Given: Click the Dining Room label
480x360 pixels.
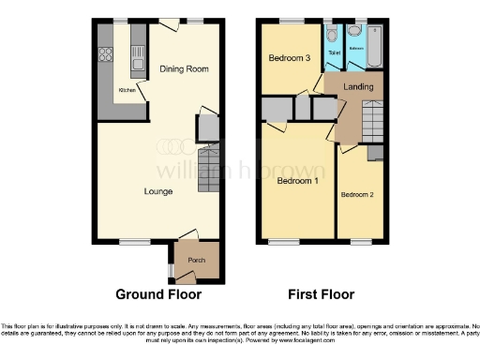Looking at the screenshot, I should (x=183, y=68).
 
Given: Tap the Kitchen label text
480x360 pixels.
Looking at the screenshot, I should (x=126, y=91).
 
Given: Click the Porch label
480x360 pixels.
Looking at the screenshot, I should (x=197, y=260).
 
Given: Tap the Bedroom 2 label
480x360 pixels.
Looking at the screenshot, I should (x=357, y=194).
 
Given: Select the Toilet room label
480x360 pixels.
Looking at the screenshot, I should (x=334, y=53).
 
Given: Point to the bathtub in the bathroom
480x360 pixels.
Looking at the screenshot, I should (x=374, y=46).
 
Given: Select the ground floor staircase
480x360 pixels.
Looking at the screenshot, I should (x=208, y=171).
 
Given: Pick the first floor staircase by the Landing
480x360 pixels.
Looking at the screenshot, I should (x=372, y=122).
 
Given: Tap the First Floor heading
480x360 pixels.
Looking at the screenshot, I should (x=320, y=294).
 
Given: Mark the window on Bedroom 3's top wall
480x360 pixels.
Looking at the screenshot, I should (x=292, y=21).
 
